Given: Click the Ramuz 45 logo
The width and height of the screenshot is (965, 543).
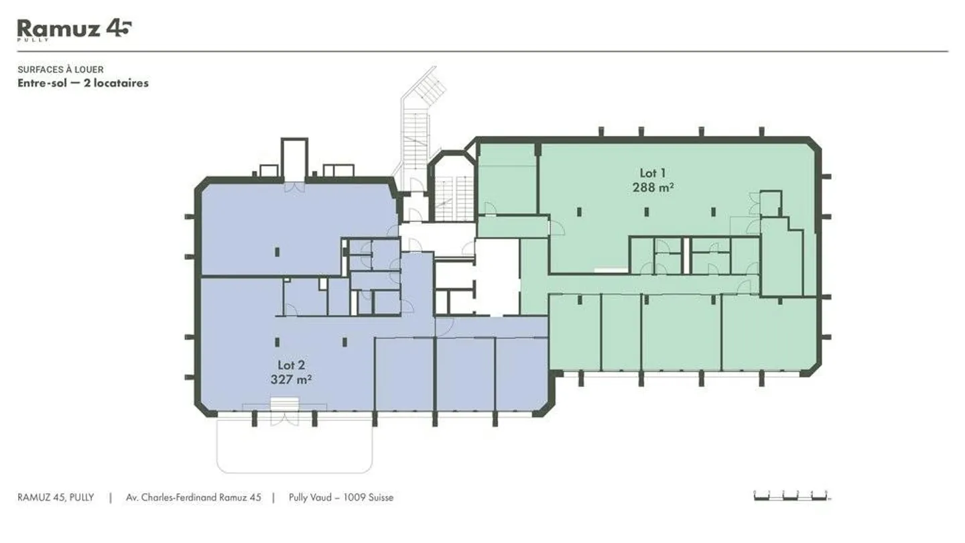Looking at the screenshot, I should (74, 29).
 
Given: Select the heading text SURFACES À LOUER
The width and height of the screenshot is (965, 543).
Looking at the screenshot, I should (60, 70).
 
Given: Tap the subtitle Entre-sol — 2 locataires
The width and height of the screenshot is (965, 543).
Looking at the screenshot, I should (82, 83).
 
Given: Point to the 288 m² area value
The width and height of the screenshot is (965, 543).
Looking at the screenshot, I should (653, 188).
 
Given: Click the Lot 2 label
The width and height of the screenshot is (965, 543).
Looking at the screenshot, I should (292, 365).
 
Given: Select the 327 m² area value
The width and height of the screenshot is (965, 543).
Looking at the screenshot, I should (292, 379).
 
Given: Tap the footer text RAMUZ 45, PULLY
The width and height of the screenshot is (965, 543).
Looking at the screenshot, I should (56, 497).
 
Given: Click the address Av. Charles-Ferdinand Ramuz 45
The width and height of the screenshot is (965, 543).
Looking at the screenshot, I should (194, 497).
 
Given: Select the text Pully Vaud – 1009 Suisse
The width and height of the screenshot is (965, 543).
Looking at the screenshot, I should (341, 497).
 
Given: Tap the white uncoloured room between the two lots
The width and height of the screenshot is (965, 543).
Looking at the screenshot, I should (497, 275).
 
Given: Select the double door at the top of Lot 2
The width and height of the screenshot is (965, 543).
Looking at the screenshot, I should (294, 187).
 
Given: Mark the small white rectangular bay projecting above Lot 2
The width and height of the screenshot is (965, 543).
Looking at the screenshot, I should (294, 159).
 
